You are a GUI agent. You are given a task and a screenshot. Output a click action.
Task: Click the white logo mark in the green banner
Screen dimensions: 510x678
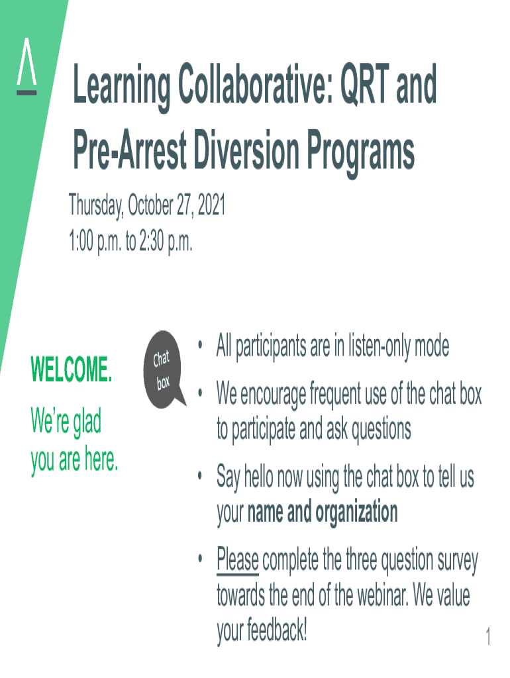coord(26,66)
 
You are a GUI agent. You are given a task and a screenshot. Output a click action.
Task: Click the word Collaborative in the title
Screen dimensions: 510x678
coord(256,83)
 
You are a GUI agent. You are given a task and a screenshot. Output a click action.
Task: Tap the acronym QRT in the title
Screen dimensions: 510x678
coord(365,83)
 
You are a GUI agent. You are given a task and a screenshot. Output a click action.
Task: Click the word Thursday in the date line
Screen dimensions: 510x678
coord(96,205)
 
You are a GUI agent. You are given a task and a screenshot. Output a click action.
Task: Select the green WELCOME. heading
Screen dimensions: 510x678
coord(72,369)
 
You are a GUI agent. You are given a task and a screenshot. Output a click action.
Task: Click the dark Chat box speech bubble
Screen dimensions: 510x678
coord(163,369)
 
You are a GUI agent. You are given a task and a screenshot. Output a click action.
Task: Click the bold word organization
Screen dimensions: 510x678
coord(356,513)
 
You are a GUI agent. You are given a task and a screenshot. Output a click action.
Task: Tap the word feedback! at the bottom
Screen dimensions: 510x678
coord(277,630)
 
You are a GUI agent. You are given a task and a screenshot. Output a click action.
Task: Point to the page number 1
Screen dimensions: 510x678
coord(488,636)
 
